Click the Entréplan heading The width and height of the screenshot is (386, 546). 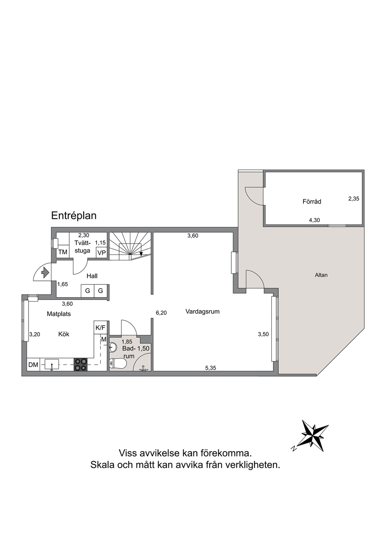click(74, 216)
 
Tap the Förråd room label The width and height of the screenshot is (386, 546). click(312, 202)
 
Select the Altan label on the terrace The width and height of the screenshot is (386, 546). click(321, 275)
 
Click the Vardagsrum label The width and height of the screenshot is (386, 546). click(202, 311)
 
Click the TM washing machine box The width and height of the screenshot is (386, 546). click(63, 252)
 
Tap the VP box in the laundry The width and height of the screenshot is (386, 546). click(102, 253)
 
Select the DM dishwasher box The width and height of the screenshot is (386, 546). click(33, 365)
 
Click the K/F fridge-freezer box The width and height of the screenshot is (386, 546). click(101, 328)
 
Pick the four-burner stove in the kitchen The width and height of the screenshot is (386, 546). click(81, 364)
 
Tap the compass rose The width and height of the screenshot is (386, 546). click(312, 435)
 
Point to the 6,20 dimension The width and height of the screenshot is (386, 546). click(161, 313)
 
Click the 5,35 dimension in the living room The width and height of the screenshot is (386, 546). click(211, 368)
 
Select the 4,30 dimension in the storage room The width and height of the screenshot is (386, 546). click(314, 220)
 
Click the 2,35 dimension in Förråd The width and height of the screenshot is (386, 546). click(354, 198)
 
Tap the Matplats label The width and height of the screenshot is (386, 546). click(59, 314)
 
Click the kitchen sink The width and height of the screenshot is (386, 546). click(51, 365)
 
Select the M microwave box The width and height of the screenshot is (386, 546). click(104, 339)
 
